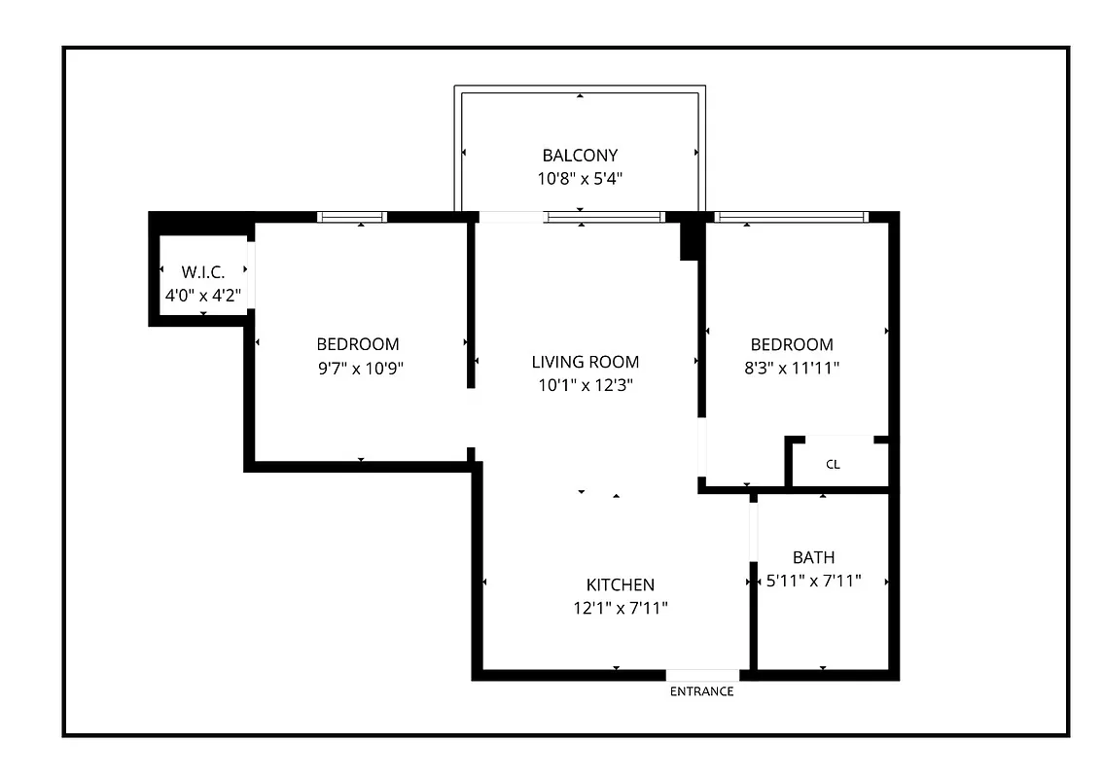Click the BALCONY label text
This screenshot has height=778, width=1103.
click(x=580, y=155)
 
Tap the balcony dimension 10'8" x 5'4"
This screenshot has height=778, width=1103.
click(x=580, y=179)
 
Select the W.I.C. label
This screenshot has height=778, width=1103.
click(x=203, y=273)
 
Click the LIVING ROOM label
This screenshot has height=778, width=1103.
click(x=586, y=362)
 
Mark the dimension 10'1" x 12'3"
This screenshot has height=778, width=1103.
click(x=586, y=385)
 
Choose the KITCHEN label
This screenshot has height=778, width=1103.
click(x=620, y=584)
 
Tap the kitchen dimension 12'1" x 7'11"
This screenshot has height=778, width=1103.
click(x=620, y=609)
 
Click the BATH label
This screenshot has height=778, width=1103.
click(x=813, y=557)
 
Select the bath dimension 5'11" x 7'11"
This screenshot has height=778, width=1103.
click(x=813, y=582)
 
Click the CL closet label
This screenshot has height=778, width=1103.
click(x=833, y=465)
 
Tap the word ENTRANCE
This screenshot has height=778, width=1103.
click(x=701, y=691)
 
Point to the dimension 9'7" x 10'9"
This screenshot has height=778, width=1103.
click(x=358, y=369)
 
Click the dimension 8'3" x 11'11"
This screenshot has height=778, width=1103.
click(x=792, y=369)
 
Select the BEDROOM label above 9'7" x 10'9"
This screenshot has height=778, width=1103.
click(x=358, y=344)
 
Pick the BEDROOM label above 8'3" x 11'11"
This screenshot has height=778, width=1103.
click(x=792, y=344)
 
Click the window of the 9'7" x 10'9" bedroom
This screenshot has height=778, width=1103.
click(x=352, y=217)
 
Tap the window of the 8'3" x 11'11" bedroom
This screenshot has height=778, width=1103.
click(x=790, y=217)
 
